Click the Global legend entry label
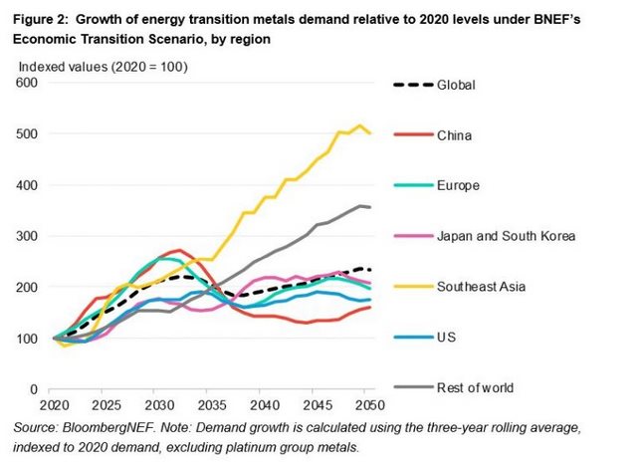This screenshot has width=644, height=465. [456, 85]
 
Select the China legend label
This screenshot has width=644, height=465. [454, 135]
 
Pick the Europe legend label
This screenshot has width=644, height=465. [458, 185]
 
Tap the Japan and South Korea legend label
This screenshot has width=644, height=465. [505, 236]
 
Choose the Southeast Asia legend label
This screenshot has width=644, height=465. [483, 287]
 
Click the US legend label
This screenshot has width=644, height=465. [446, 338]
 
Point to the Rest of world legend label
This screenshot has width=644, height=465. [477, 387]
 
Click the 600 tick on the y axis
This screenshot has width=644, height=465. [27, 83]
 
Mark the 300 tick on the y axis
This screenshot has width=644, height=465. [27, 236]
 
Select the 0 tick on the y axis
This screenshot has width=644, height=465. [33, 389]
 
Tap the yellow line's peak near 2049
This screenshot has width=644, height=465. [360, 126]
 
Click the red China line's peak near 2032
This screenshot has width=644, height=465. [178, 251]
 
